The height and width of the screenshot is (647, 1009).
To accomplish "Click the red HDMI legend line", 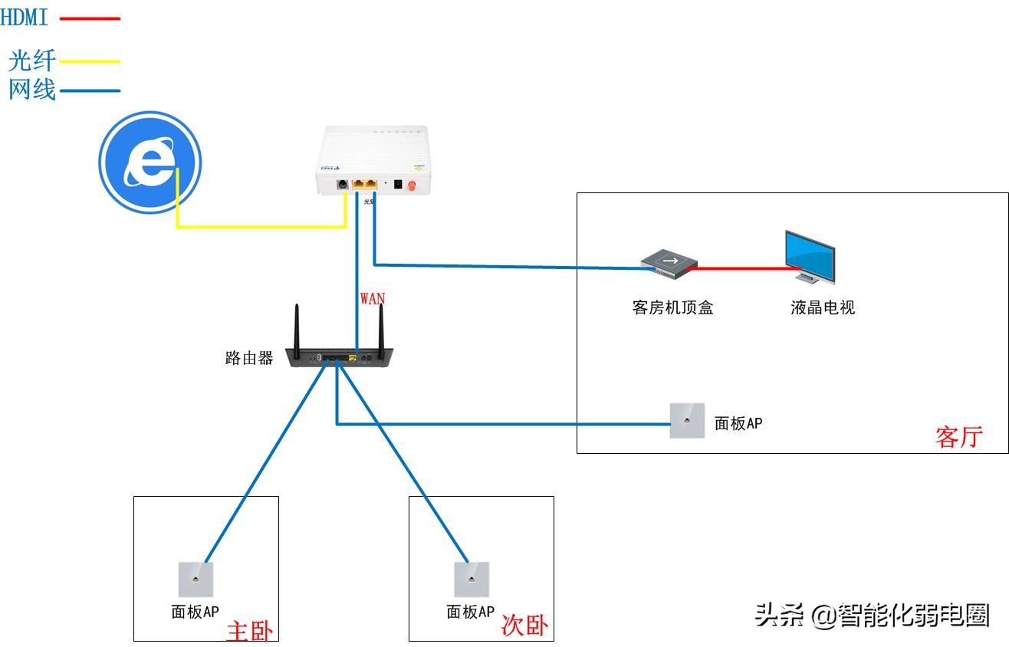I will click(x=90, y=18).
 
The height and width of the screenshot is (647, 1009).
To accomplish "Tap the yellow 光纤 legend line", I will click(x=90, y=61).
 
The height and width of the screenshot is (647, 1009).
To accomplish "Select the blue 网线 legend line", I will click(x=90, y=90).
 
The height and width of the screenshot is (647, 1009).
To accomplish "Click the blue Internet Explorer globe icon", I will click(x=150, y=163).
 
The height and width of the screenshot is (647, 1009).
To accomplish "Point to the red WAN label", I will click(x=373, y=298).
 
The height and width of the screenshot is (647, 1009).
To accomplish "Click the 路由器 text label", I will click(x=249, y=358).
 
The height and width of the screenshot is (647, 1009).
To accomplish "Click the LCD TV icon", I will click(x=810, y=256).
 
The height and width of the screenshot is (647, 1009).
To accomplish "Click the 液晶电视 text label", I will click(x=823, y=307).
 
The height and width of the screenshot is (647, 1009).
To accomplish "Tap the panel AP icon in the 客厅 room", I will click(x=687, y=421).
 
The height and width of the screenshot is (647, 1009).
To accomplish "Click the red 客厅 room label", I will click(x=958, y=437).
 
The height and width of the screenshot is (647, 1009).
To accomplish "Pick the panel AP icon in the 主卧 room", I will click(x=196, y=580).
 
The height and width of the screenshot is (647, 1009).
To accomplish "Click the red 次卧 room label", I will click(x=524, y=626).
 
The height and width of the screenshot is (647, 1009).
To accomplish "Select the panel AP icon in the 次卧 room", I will click(x=471, y=580).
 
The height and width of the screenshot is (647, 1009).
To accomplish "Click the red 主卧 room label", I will click(x=249, y=630).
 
